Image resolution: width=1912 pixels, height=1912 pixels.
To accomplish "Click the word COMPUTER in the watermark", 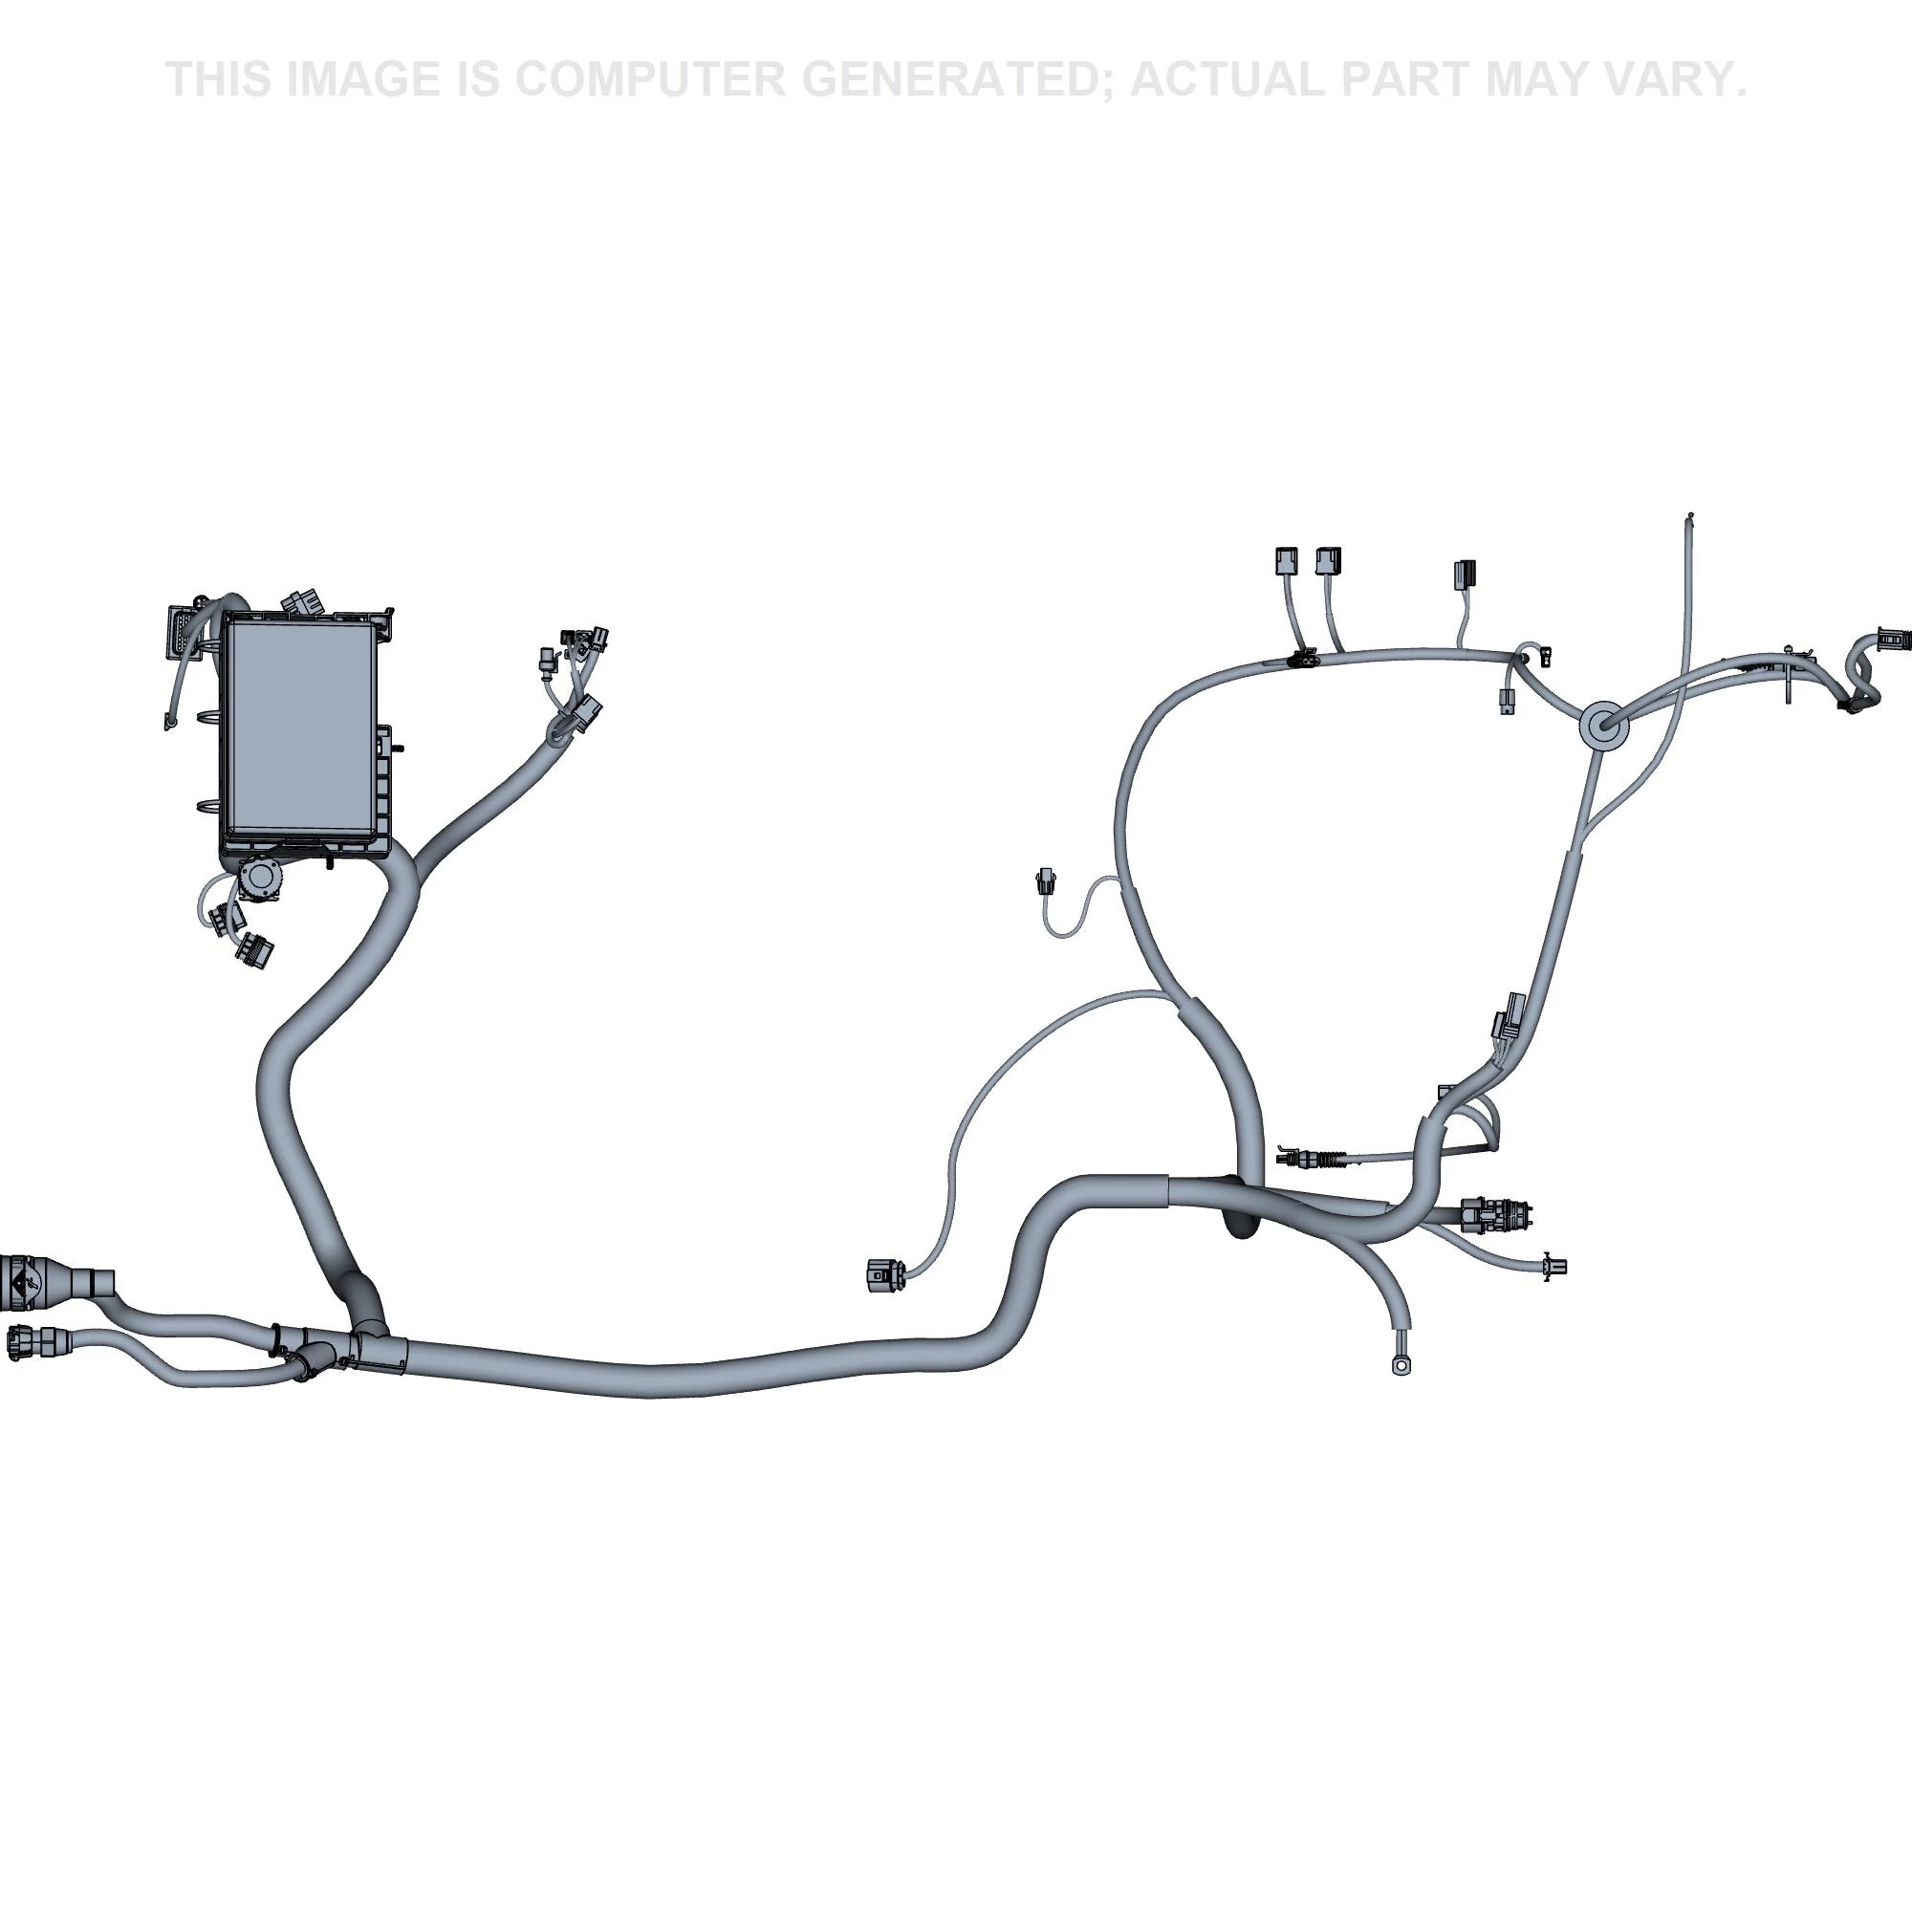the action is pyautogui.click(x=649, y=79).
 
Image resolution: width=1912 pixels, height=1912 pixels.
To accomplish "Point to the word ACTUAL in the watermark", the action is pyautogui.click(x=1229, y=79).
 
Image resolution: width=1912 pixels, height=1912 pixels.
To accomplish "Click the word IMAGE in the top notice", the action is pyautogui.click(x=363, y=79).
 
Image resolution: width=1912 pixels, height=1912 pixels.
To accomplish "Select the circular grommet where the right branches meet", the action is pyautogui.click(x=1599, y=727).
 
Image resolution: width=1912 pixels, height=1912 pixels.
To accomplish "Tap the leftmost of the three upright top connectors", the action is pyautogui.click(x=1285, y=562).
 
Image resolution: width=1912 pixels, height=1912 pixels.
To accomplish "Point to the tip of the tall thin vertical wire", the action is pyautogui.click(x=1690, y=514).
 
